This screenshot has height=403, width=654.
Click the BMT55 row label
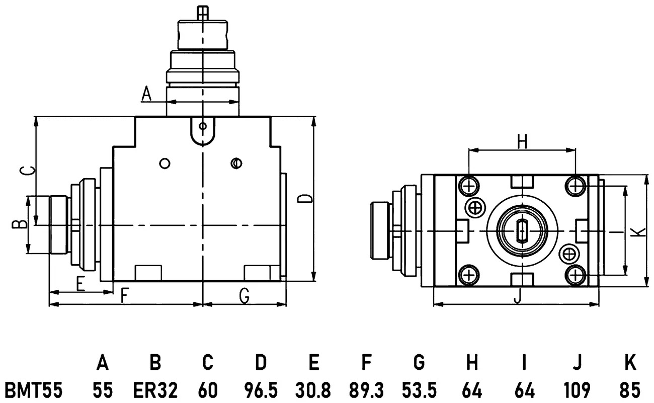[34, 390]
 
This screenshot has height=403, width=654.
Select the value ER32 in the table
[155, 390]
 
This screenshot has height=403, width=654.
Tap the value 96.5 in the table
[261, 390]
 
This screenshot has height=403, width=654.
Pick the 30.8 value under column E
[313, 390]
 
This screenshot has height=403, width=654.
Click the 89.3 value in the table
[366, 390]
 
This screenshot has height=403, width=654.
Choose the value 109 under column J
[577, 390]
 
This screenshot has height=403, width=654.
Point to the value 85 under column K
[630, 390]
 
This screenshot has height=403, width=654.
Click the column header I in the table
[524, 362]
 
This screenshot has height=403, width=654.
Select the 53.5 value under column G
[419, 390]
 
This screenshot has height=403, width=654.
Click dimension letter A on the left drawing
[146, 94]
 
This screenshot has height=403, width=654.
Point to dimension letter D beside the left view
[305, 199]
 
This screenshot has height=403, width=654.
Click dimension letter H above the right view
[522, 142]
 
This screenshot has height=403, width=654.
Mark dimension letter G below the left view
[244, 295]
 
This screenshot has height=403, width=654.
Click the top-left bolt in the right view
[469, 186]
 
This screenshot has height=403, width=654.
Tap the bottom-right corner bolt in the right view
[576, 275]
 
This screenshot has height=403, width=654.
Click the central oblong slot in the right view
[522, 231]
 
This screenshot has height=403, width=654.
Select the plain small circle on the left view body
[165, 164]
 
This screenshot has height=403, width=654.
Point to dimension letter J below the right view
[517, 296]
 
